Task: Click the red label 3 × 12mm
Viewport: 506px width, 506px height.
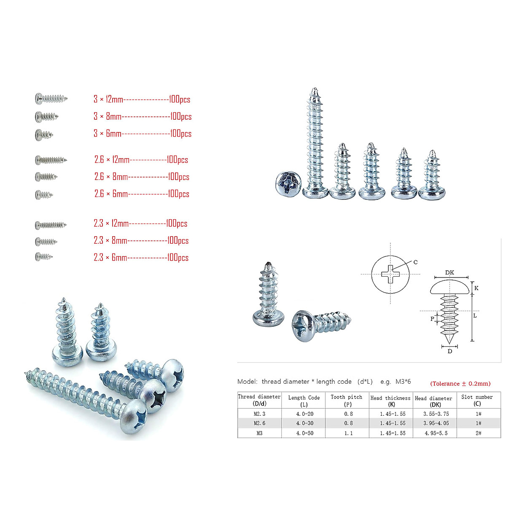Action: click(x=108, y=100)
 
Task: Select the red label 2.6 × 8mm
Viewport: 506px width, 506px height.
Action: click(x=111, y=177)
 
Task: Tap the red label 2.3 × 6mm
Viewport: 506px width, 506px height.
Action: click(x=110, y=257)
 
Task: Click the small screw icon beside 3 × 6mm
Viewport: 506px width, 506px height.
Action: click(x=44, y=135)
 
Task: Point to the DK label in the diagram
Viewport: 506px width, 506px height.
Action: click(x=449, y=272)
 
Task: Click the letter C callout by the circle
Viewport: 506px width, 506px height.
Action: click(x=415, y=262)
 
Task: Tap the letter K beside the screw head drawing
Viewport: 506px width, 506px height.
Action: click(x=476, y=288)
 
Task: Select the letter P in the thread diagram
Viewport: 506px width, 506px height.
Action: click(x=432, y=319)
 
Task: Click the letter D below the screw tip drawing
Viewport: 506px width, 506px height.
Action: click(x=450, y=351)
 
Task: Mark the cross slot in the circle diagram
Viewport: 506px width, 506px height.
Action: click(x=390, y=274)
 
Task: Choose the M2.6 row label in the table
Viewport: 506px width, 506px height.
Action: click(x=259, y=423)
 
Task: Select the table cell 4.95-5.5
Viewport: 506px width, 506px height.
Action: click(x=436, y=433)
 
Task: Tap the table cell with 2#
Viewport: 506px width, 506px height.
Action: click(x=478, y=433)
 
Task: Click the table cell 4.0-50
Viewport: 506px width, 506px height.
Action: click(x=304, y=433)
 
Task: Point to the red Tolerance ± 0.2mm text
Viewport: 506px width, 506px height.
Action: click(x=460, y=384)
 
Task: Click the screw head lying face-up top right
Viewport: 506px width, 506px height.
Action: click(x=289, y=184)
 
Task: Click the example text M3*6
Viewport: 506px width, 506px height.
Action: click(x=403, y=382)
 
